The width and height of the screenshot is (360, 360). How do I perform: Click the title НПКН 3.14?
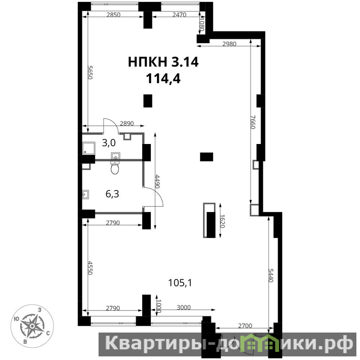tap(163, 62)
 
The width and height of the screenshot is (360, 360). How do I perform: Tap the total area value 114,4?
tap(163, 79)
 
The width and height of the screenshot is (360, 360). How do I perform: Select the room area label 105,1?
tap(180, 283)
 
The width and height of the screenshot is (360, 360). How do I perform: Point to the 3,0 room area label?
tap(108, 143)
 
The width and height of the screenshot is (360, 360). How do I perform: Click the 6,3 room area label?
tap(112, 194)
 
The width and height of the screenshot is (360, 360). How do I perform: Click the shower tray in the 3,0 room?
tap(89, 148)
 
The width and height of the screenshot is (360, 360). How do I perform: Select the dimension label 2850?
tap(113, 15)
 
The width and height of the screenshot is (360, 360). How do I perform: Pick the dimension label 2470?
tap(179, 15)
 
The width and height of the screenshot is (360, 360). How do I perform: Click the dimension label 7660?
tap(253, 122)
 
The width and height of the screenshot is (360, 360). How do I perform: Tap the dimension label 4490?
tap(157, 181)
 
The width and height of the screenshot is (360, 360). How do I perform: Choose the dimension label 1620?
tap(222, 221)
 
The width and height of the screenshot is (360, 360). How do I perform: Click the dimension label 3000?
tap(184, 307)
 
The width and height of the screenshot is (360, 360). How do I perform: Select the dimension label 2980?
tap(229, 44)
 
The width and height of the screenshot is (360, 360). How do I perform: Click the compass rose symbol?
tap(32, 326)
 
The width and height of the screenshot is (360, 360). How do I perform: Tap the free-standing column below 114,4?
tap(148, 101)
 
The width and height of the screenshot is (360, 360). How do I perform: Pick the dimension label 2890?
tap(127, 123)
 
